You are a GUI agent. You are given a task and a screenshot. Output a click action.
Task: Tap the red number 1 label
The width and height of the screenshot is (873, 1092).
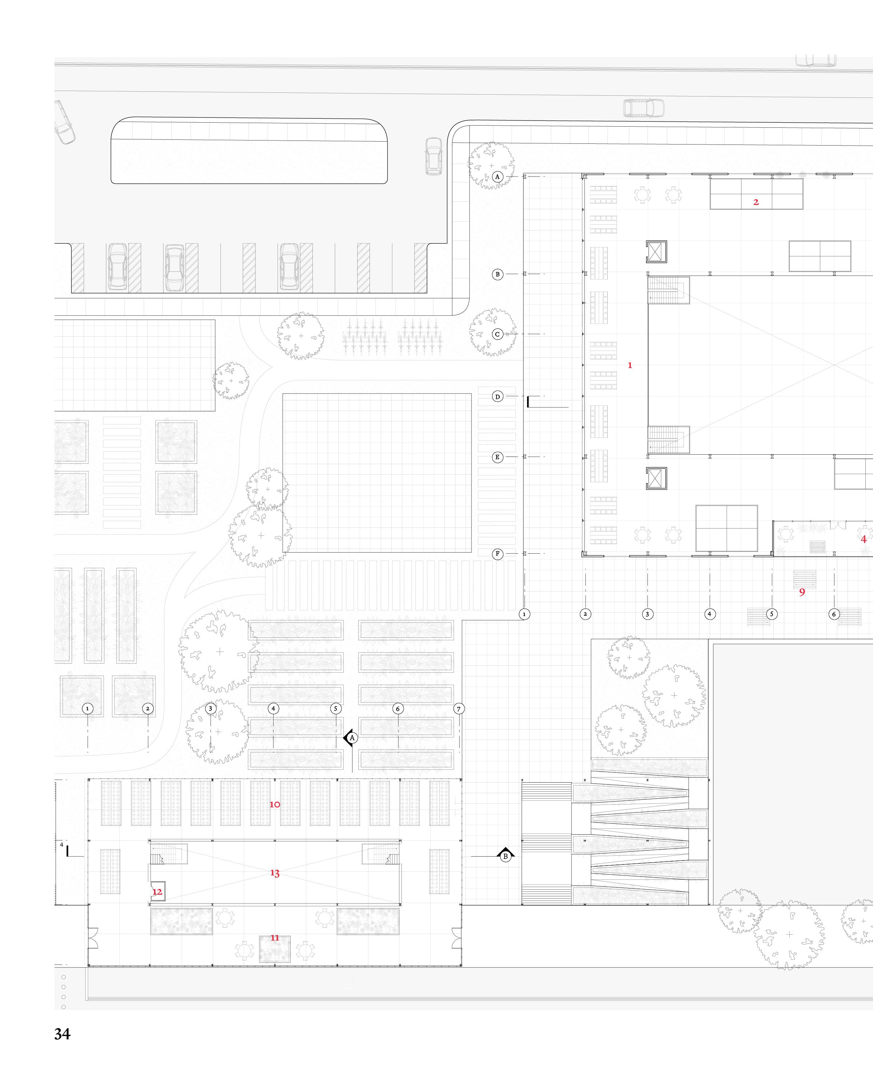pos(630,365)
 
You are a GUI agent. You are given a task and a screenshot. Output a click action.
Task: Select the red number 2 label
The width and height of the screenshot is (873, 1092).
pos(756,202)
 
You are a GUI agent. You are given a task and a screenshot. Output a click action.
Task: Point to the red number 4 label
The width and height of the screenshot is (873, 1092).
pos(864,539)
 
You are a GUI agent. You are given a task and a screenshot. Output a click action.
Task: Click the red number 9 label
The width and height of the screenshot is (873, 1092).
pos(802,591)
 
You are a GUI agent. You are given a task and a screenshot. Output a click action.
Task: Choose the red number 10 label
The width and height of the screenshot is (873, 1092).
pos(274,804)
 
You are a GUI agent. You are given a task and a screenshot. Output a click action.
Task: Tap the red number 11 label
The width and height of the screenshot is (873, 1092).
pos(274,938)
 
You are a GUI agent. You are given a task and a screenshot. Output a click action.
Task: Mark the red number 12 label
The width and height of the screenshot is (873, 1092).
pos(158,892)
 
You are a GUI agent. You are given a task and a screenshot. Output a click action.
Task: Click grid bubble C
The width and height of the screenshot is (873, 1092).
pos(497,334)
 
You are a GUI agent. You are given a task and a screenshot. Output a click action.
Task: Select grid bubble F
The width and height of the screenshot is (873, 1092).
pos(497,554)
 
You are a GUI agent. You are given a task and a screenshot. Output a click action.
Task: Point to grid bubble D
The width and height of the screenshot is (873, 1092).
pos(497,397)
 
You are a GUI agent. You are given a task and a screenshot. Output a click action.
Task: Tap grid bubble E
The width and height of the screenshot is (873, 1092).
pos(497,457)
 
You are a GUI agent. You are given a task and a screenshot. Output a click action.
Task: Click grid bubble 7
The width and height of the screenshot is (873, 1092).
pos(459,709)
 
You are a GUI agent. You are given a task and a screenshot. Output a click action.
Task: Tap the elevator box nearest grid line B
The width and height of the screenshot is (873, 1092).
pos(657,252)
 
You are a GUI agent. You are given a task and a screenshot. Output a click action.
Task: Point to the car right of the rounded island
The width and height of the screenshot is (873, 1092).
pos(433,156)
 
